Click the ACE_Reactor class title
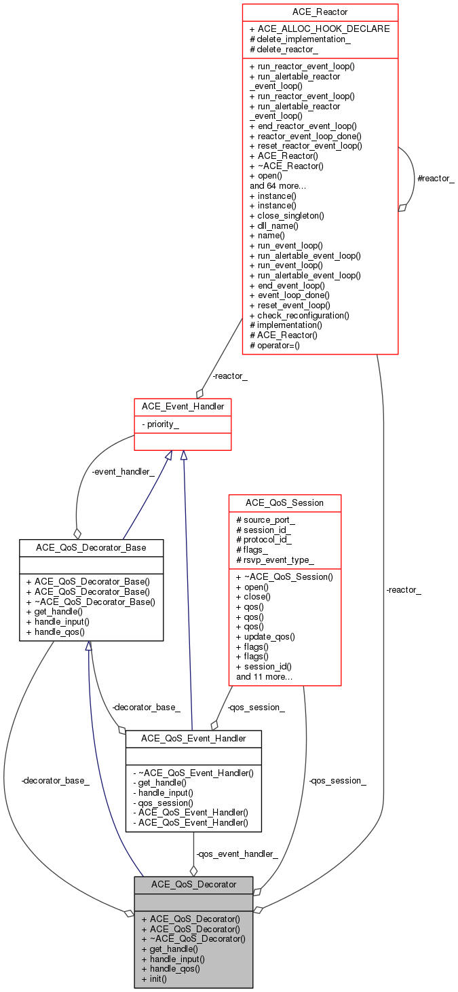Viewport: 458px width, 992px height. tap(320, 12)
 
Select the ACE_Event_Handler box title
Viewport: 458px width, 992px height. tap(183, 406)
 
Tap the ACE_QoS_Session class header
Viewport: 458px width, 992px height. tap(284, 502)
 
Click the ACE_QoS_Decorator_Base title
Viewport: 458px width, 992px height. tap(91, 547)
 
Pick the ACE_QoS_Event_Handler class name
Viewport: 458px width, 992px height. tap(193, 738)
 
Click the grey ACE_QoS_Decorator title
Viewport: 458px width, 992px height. tap(193, 884)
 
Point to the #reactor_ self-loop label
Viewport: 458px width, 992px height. tap(435, 178)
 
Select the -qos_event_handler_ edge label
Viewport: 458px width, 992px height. tap(236, 853)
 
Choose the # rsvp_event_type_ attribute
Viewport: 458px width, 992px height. tap(275, 560)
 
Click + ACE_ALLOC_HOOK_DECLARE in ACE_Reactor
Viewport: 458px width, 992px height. tap(320, 29)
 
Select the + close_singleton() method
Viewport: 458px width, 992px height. tap(286, 215)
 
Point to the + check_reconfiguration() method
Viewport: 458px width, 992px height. tap(299, 315)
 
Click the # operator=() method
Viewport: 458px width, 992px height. tap(275, 345)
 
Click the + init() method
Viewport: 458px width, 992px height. tap(154, 978)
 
